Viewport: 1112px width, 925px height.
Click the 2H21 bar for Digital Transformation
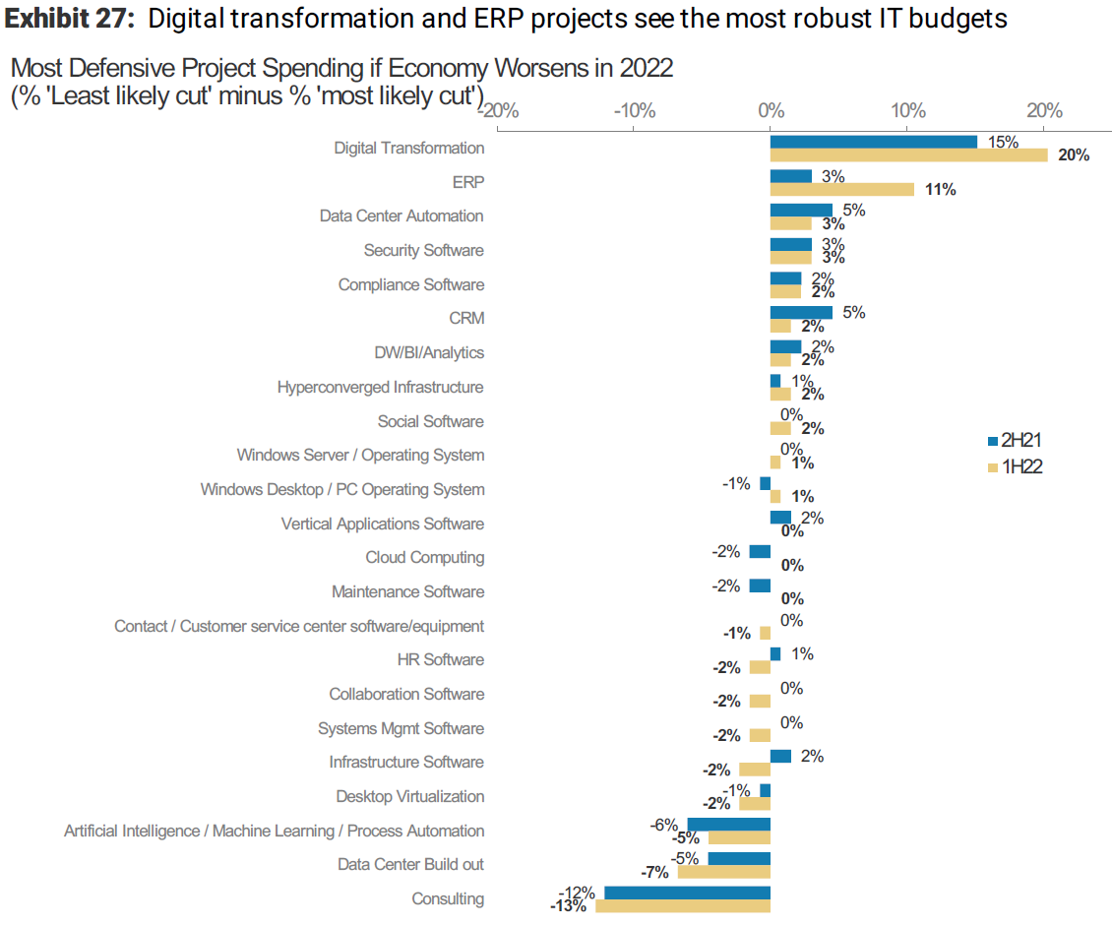pyautogui.click(x=873, y=142)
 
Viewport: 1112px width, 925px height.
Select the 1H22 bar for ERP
pyautogui.click(x=841, y=189)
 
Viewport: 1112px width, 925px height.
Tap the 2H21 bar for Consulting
pyautogui.click(x=687, y=893)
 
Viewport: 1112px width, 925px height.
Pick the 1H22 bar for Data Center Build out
pyautogui.click(x=723, y=872)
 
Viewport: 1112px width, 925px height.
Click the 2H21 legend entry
pyautogui.click(x=1014, y=441)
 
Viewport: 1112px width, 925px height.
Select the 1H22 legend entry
pyautogui.click(x=1014, y=466)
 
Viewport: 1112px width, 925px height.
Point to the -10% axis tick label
pyautogui.click(x=634, y=109)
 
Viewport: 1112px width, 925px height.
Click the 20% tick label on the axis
pyautogui.click(x=1044, y=109)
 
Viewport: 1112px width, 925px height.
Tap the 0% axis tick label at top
pyautogui.click(x=771, y=109)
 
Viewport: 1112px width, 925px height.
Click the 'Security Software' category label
pyautogui.click(x=423, y=251)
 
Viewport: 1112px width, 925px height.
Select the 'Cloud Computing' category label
pyautogui.click(x=425, y=558)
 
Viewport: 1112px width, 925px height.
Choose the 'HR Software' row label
pyautogui.click(x=440, y=660)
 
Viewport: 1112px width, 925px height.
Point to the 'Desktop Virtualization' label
pyautogui.click(x=409, y=797)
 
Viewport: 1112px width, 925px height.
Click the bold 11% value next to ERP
pyautogui.click(x=940, y=190)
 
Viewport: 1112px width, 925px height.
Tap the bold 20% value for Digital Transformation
pyautogui.click(x=1074, y=155)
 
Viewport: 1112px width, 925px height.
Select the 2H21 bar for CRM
pyautogui.click(x=801, y=313)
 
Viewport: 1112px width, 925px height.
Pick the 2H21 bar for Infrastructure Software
pyautogui.click(x=780, y=756)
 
